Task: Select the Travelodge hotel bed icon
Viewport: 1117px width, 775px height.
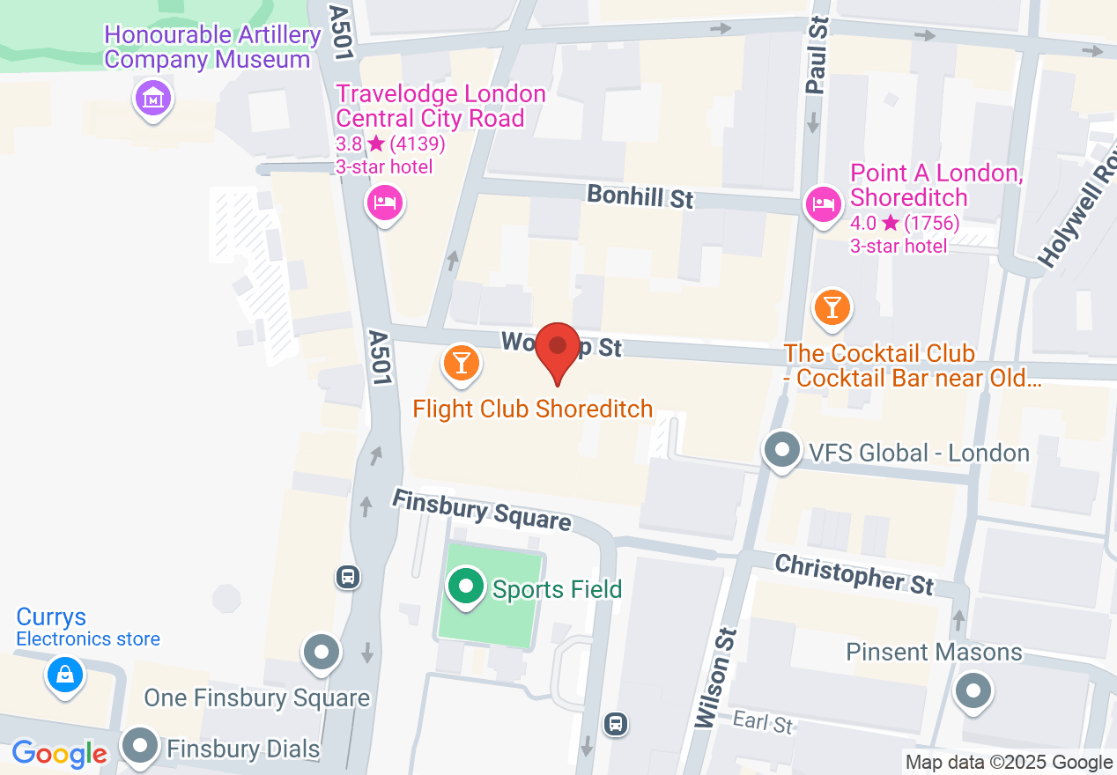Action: click(x=384, y=203)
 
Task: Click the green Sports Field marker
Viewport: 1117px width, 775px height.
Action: click(x=465, y=586)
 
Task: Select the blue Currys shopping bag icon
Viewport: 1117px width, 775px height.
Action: click(x=64, y=675)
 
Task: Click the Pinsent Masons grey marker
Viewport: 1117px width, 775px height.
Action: click(x=974, y=690)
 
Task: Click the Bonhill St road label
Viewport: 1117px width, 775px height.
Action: click(x=640, y=196)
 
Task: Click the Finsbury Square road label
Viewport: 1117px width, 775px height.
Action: click(x=481, y=510)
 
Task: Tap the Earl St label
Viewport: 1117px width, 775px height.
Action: click(x=763, y=723)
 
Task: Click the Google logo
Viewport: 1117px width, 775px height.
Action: click(x=59, y=754)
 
